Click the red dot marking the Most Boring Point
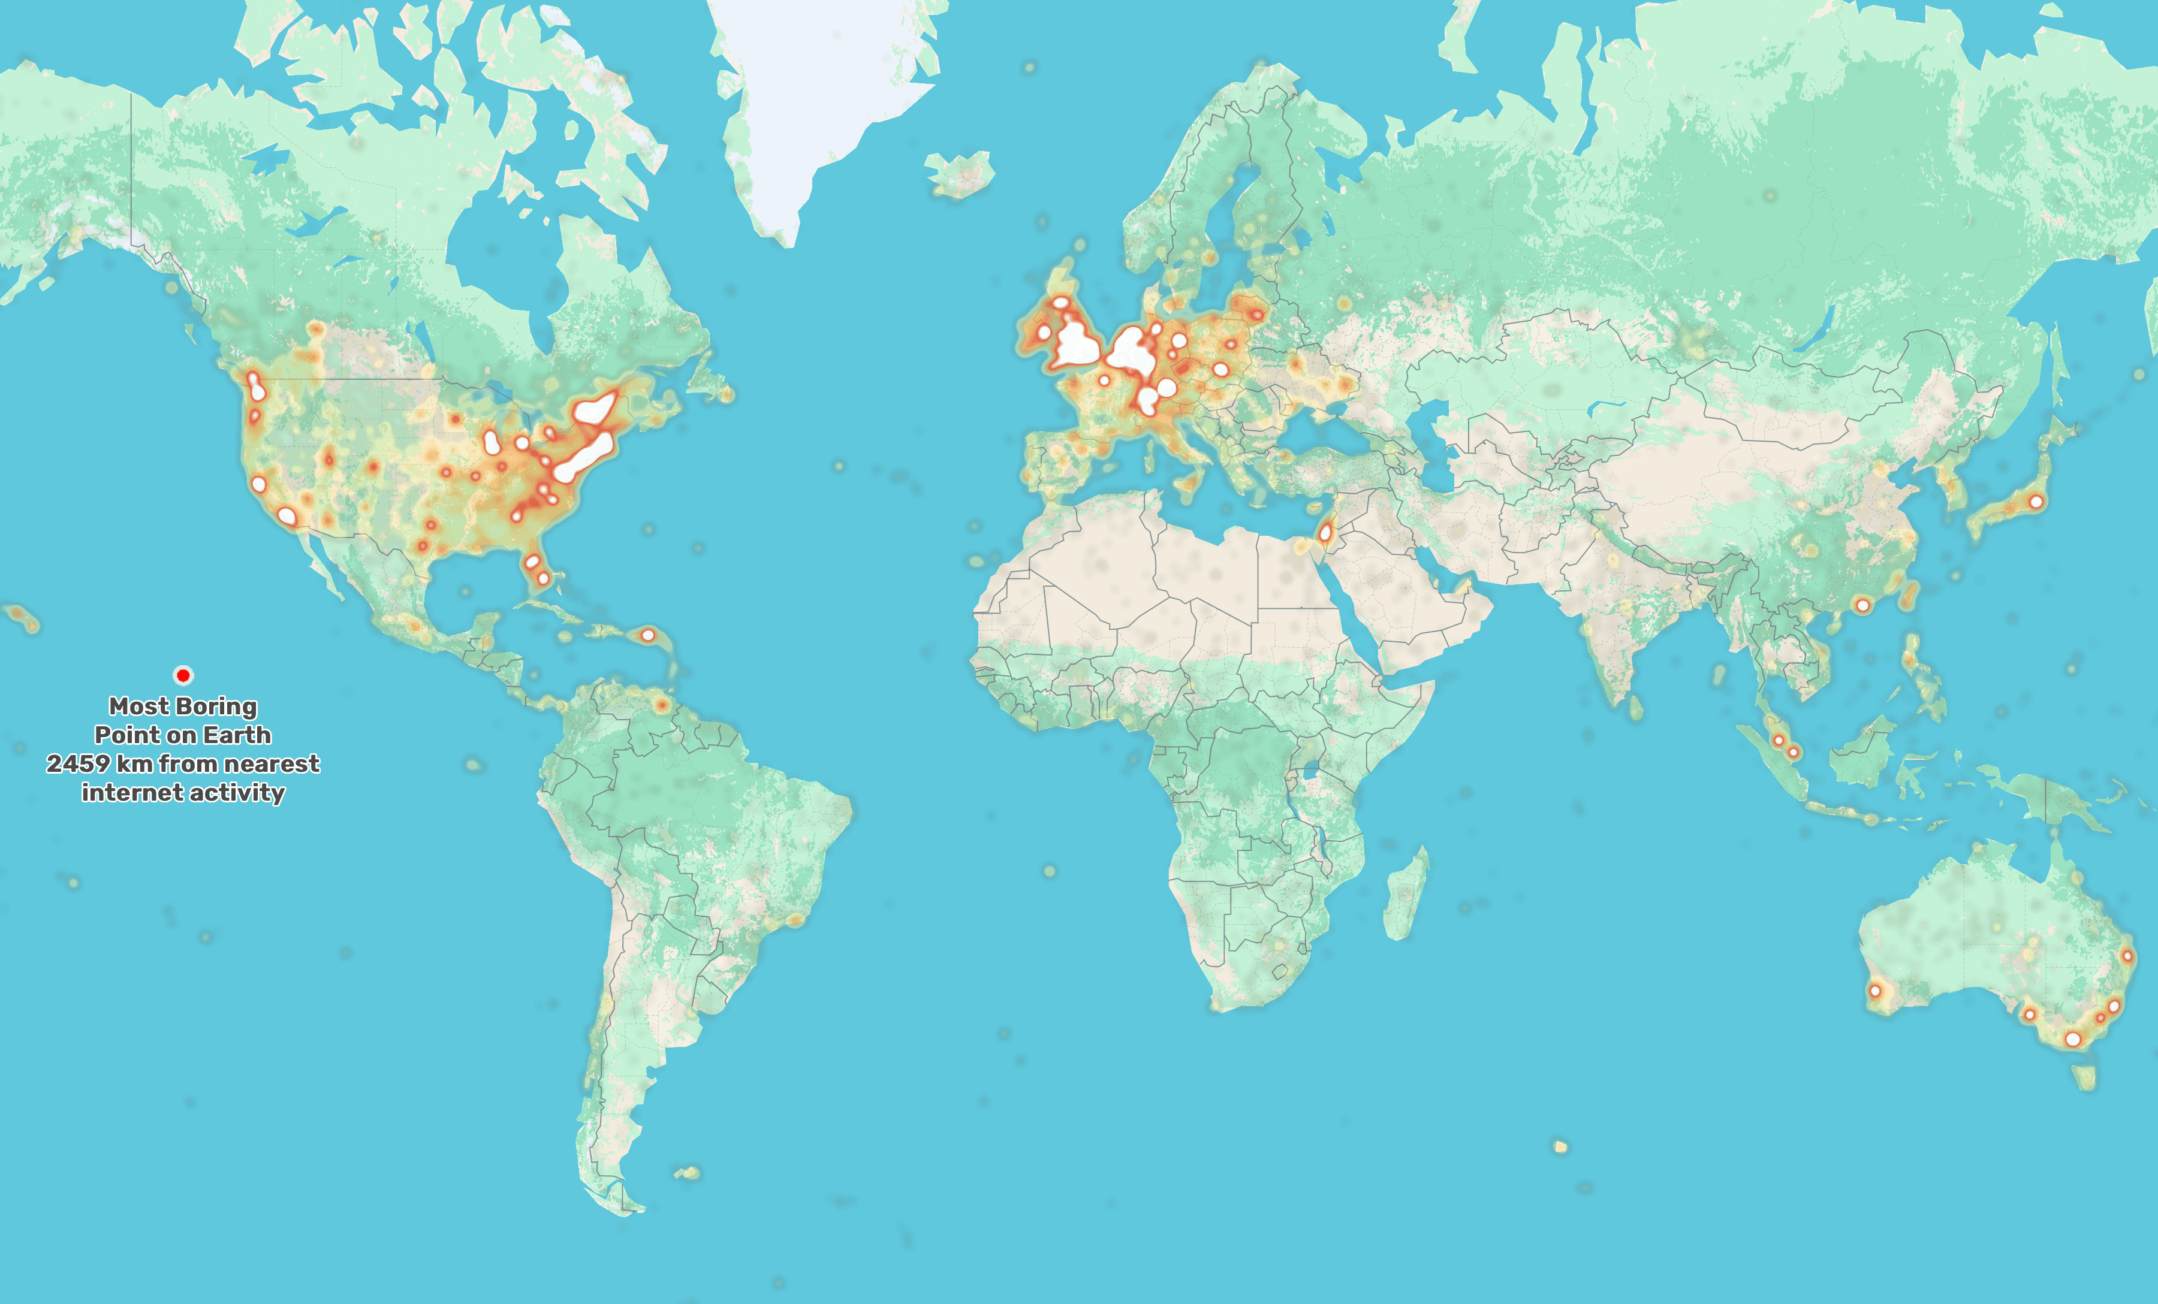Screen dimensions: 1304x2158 coord(183,674)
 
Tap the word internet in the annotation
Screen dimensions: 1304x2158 coord(122,793)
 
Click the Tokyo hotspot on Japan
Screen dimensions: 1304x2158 coord(2035,502)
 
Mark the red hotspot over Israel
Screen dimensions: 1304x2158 coord(1326,532)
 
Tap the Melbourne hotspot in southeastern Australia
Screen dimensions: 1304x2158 coord(2072,1039)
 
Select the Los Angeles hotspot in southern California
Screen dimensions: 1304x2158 coord(287,516)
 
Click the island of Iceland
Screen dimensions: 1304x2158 coord(961,173)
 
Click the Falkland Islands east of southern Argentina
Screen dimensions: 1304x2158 coord(688,1172)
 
